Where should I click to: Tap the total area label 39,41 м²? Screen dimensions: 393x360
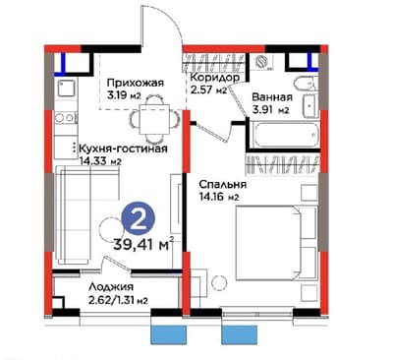click(x=143, y=244)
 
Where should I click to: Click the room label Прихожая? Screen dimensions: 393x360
click(x=136, y=83)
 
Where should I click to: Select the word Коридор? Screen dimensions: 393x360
click(x=215, y=78)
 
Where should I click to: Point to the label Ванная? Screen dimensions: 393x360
click(x=272, y=97)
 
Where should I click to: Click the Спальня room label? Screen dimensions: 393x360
click(x=223, y=184)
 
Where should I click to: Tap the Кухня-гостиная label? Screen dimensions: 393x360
click(x=123, y=149)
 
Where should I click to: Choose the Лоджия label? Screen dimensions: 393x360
click(x=111, y=287)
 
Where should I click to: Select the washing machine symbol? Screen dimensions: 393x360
click(x=262, y=62)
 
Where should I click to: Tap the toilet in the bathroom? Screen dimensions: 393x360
click(x=306, y=85)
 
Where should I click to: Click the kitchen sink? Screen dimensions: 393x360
click(x=67, y=88)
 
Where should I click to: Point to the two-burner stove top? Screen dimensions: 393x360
click(x=65, y=118)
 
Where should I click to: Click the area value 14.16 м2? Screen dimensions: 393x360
click(x=219, y=197)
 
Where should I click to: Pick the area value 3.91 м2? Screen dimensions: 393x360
click(x=270, y=110)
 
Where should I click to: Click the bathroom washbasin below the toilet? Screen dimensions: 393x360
click(x=309, y=106)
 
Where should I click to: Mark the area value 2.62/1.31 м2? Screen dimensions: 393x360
click(x=118, y=300)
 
